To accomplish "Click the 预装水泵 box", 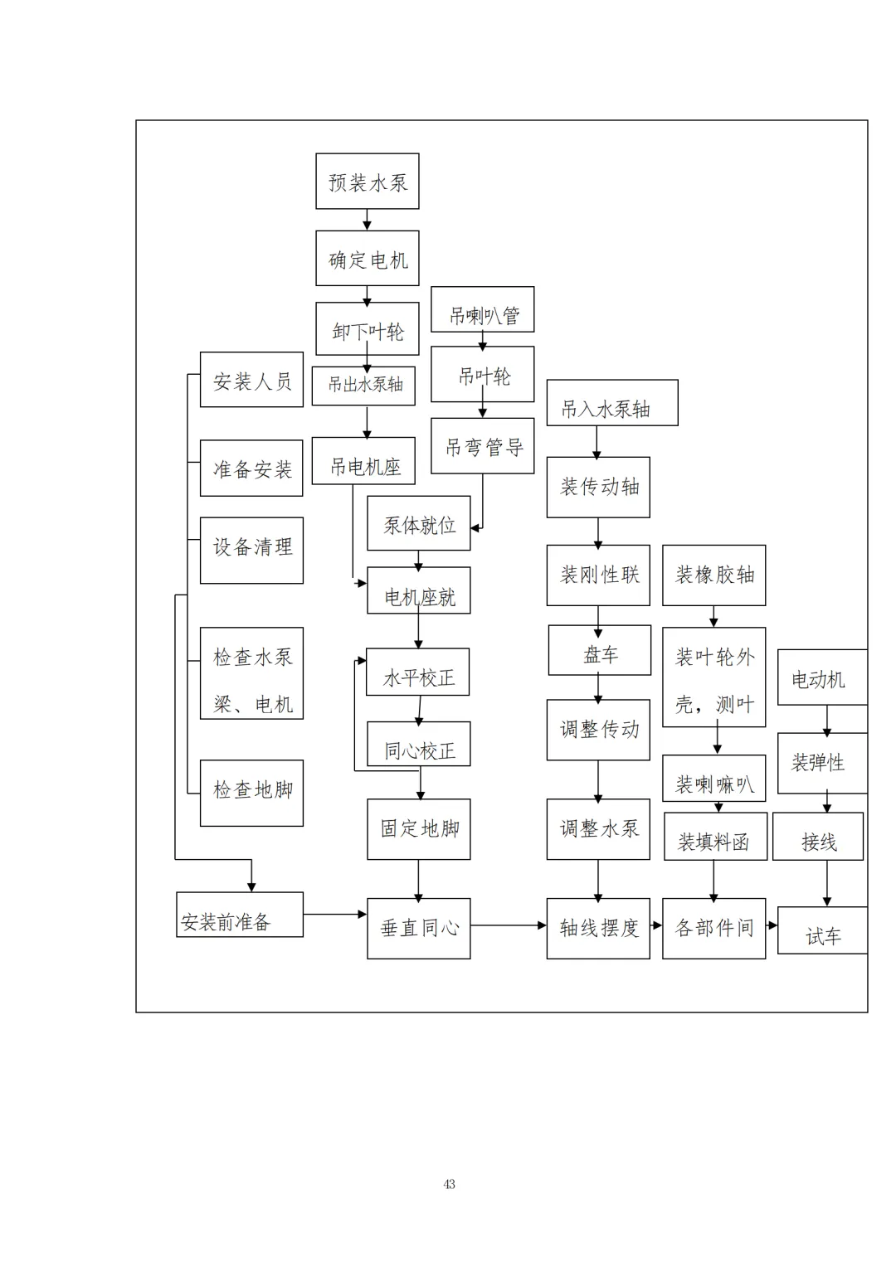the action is (x=367, y=182).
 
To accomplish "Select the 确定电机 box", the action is (x=367, y=259).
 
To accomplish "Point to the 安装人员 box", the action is (x=251, y=380).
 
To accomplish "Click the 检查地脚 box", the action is (x=251, y=793).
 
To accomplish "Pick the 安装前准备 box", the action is (x=239, y=915).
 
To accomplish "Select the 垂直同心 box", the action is (x=419, y=929).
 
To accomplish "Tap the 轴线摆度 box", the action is (x=598, y=929).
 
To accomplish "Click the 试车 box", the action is (x=822, y=930).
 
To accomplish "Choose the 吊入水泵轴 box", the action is (x=611, y=403).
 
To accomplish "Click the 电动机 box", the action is (x=821, y=677).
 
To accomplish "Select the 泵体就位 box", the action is (x=419, y=523).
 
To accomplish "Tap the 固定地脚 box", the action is (x=419, y=829).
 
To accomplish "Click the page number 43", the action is (x=449, y=1184).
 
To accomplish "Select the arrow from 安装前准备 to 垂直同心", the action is (x=335, y=914).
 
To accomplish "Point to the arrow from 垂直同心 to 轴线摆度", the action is (x=508, y=925).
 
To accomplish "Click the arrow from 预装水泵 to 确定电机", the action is (x=367, y=220).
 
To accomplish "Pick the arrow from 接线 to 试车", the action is (x=826, y=884).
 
